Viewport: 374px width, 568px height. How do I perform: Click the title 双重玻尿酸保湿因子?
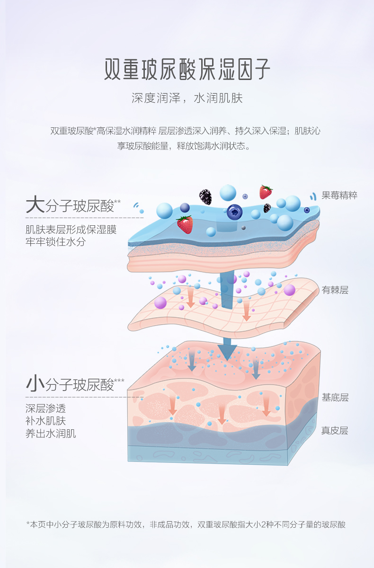pyautogui.click(x=187, y=70)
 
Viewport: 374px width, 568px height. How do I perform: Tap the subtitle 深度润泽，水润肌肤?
pyautogui.click(x=187, y=98)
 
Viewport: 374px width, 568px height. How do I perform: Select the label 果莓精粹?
pyautogui.click(x=339, y=195)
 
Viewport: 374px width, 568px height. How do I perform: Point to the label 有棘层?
pyautogui.click(x=335, y=290)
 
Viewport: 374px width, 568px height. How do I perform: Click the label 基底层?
pyautogui.click(x=335, y=398)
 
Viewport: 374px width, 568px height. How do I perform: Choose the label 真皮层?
pyautogui.click(x=335, y=431)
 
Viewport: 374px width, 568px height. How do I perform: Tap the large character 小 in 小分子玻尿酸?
pyautogui.click(x=35, y=383)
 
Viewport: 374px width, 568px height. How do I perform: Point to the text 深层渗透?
pyautogui.click(x=45, y=408)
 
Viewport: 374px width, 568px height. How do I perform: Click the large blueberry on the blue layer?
pyautogui.click(x=234, y=212)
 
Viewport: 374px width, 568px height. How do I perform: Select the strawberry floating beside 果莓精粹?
pyautogui.click(x=266, y=192)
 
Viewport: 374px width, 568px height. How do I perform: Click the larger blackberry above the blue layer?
pyautogui.click(x=205, y=196)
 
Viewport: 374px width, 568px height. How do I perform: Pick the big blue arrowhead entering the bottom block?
pyautogui.click(x=227, y=351)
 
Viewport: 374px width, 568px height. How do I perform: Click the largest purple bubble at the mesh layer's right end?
pyautogui.click(x=289, y=290)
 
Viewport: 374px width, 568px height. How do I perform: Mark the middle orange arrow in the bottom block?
pyautogui.click(x=221, y=416)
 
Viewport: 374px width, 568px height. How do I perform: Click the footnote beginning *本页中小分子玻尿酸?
pyautogui.click(x=186, y=524)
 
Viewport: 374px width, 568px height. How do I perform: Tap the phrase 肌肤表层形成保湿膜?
pyautogui.click(x=71, y=230)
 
